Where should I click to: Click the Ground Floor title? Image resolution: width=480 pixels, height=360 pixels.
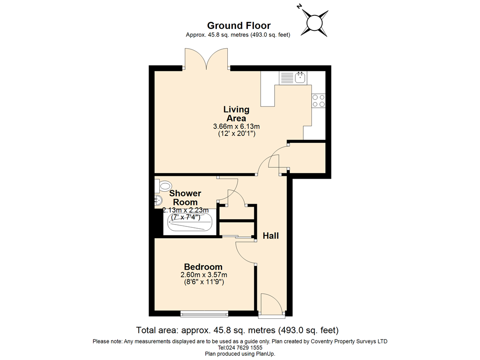tap(239, 26)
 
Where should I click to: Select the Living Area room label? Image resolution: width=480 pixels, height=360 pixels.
tap(236, 114)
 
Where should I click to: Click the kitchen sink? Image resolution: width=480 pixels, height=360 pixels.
tap(300, 77)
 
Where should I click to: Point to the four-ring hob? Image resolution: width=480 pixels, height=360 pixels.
tap(318, 101)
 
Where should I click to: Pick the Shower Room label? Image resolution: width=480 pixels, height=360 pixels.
tap(185, 197)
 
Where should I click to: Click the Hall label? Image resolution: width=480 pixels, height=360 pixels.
tap(270, 236)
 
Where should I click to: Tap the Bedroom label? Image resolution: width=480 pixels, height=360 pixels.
tap(203, 267)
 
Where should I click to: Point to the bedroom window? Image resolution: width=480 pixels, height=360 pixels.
tap(204, 313)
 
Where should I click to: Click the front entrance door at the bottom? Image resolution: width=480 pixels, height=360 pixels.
tap(271, 305)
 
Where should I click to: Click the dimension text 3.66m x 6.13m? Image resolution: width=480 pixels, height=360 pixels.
tap(236, 127)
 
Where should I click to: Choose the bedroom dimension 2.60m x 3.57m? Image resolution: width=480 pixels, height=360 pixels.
tap(203, 275)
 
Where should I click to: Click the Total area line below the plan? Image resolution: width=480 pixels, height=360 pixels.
tap(237, 330)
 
